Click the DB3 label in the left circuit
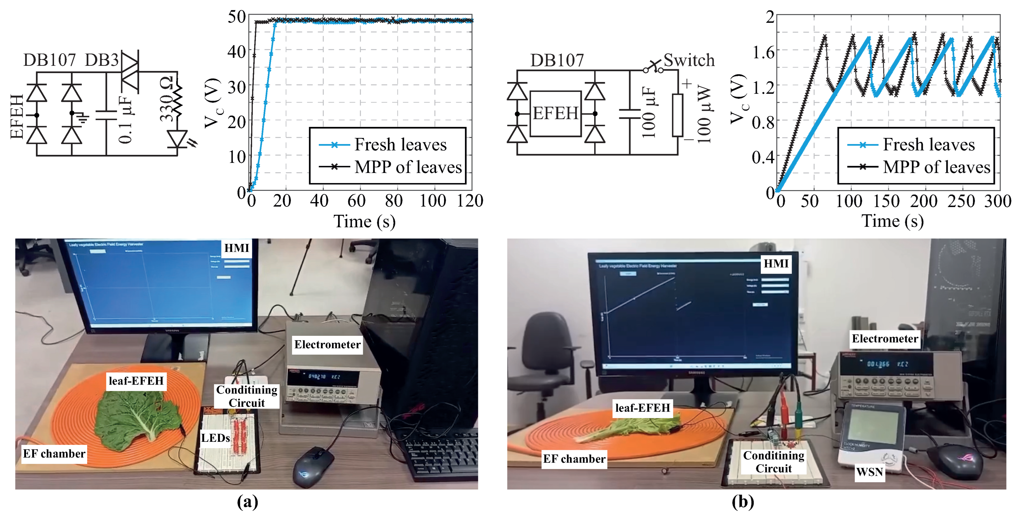pyautogui.click(x=102, y=60)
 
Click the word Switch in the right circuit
pyautogui.click(x=689, y=60)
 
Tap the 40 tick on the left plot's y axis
pyautogui.click(x=237, y=51)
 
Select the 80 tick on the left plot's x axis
pyautogui.click(x=394, y=201)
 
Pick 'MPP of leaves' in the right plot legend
pyautogui.click(x=936, y=167)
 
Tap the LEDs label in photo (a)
pyautogui.click(x=216, y=438)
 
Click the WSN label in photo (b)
pyautogui.click(x=869, y=472)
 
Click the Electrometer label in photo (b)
pyautogui.click(x=885, y=339)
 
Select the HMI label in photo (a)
pyautogui.click(x=236, y=248)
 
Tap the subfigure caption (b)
pyautogui.click(x=743, y=502)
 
